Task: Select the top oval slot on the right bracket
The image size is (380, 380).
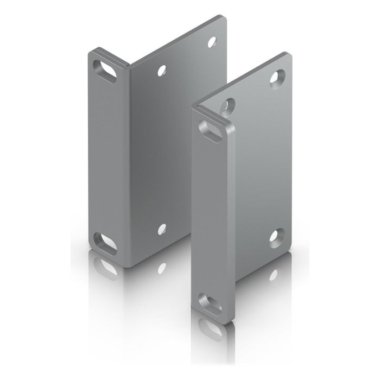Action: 210,129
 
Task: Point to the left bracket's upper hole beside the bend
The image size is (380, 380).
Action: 161,70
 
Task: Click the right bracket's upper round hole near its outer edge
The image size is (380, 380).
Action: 278,77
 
